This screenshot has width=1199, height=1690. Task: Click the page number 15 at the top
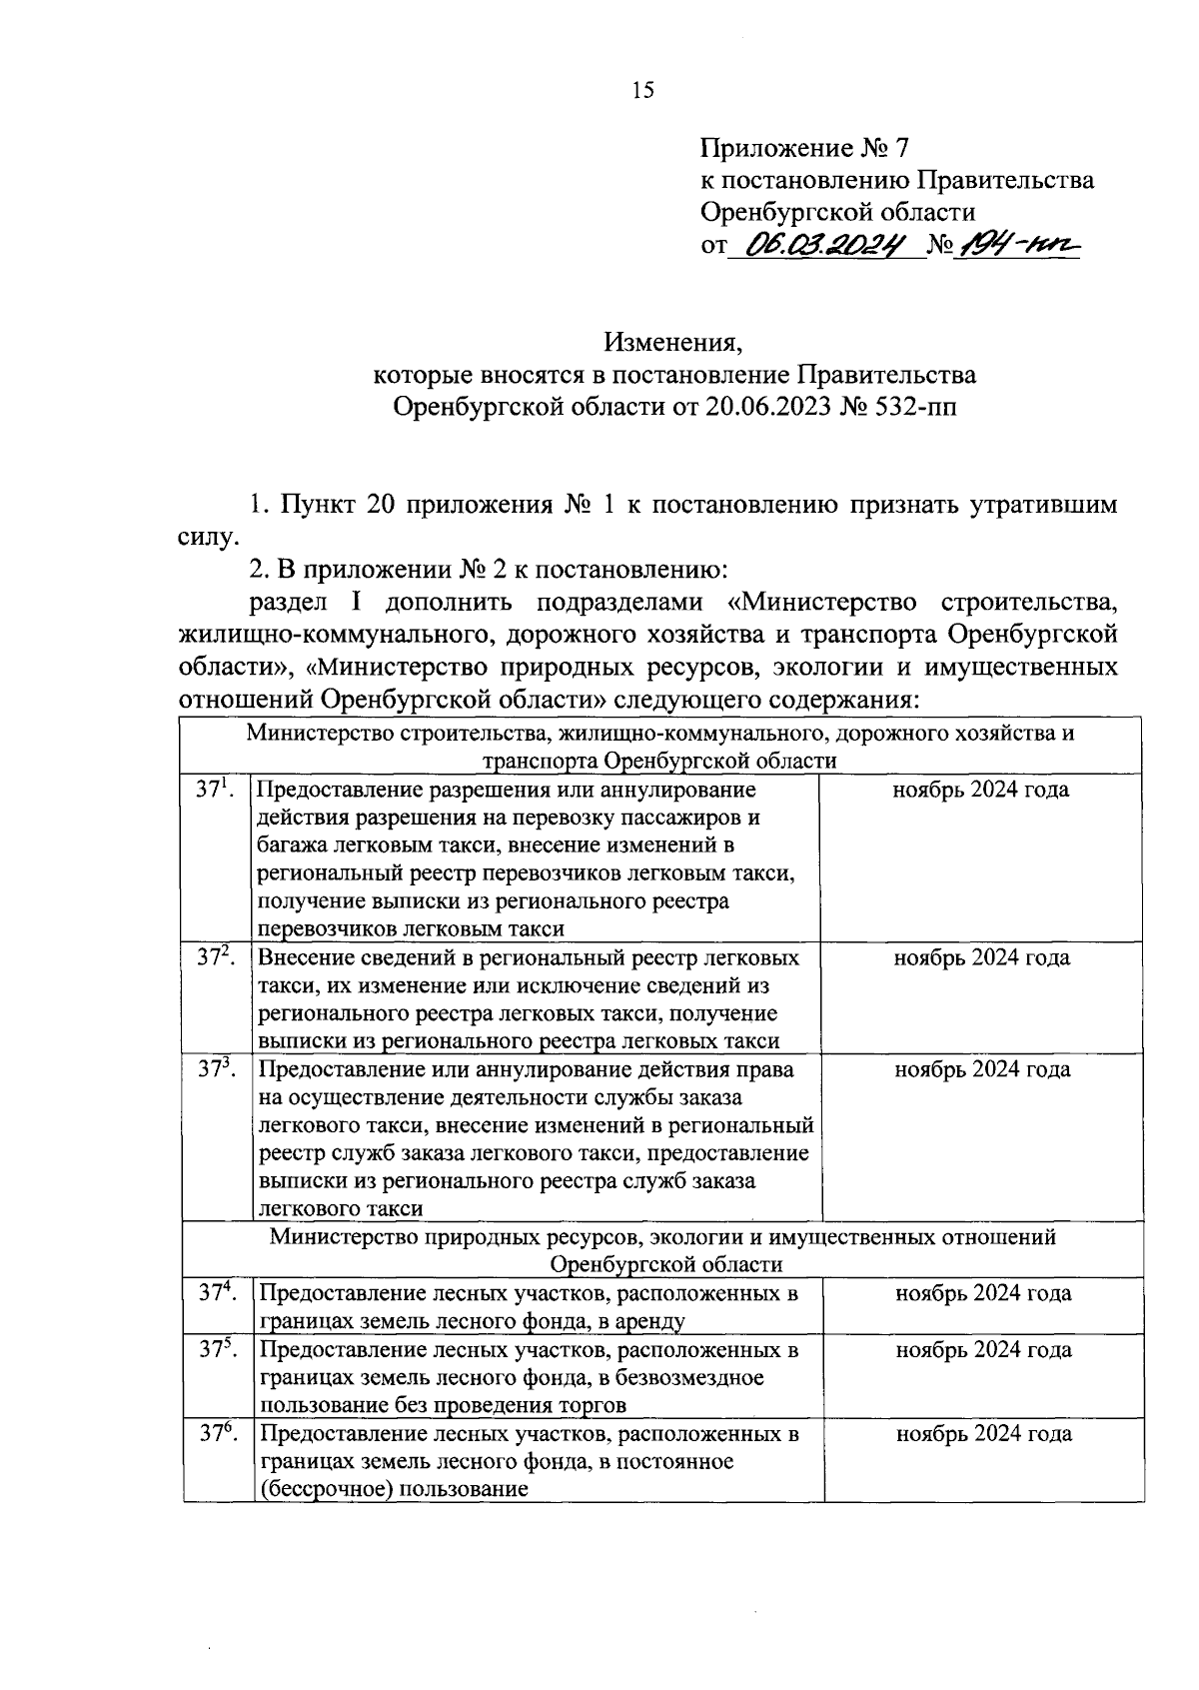pos(642,91)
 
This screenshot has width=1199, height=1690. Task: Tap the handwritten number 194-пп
pos(1016,244)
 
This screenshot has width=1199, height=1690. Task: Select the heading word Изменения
pos(673,346)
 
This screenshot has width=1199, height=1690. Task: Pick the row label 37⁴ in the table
pos(216,1293)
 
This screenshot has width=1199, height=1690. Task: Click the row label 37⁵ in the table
pos(216,1349)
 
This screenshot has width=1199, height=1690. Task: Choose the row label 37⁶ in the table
pos(216,1433)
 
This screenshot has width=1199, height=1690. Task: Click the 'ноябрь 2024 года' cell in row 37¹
pos(981,791)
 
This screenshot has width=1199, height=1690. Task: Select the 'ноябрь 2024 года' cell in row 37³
pos(982,1069)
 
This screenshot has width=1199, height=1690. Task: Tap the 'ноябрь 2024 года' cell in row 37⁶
pos(983,1434)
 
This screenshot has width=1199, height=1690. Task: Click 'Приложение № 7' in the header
pos(805,150)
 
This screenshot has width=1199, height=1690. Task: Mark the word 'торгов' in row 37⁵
pos(593,1405)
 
